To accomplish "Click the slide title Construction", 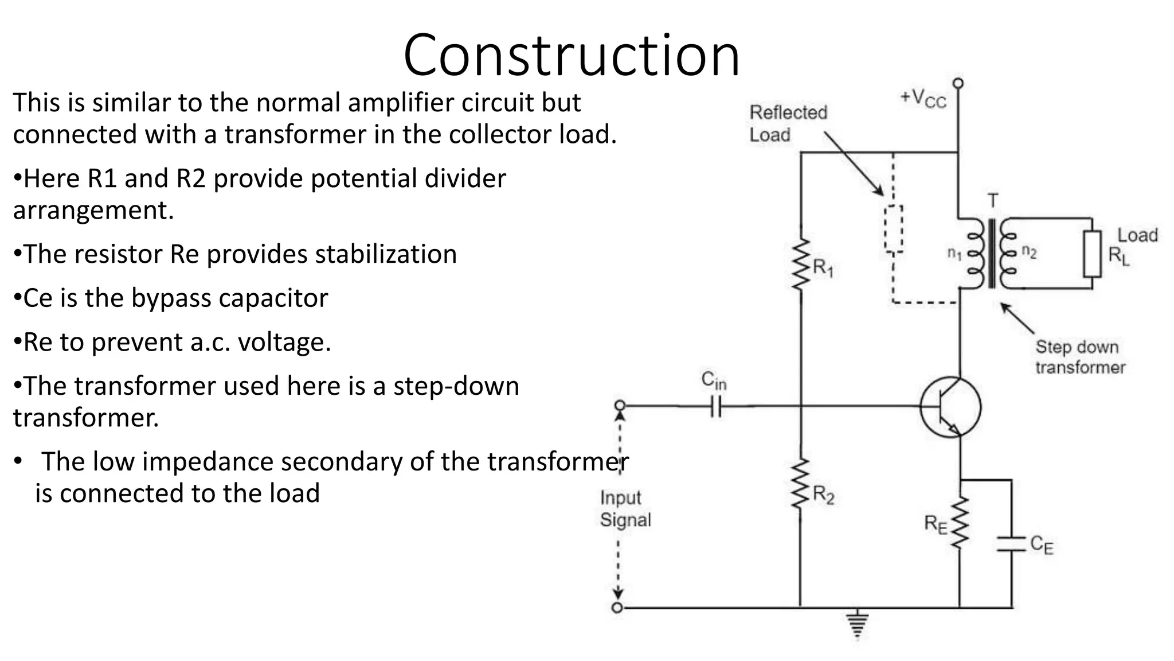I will tap(572, 55).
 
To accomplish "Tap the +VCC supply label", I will tap(923, 98).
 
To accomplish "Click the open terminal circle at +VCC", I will tap(958, 83).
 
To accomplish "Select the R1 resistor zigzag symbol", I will tap(801, 265).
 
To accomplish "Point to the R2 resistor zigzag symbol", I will tap(800, 484).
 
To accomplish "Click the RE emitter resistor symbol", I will tap(960, 523).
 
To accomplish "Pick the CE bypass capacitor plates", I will tap(1011, 544).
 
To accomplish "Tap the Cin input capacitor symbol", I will tap(715, 406).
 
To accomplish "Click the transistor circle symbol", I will tap(950, 407).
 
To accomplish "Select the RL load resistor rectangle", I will tap(1092, 254).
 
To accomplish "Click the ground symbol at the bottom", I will tap(857, 624).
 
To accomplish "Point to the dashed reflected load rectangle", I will tap(893, 229).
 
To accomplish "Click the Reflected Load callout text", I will tap(788, 123).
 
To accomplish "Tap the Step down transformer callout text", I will tap(1080, 357).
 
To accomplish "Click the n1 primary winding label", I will tap(954, 253).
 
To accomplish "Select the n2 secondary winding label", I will tap(1030, 252).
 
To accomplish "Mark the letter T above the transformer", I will tap(993, 201).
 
